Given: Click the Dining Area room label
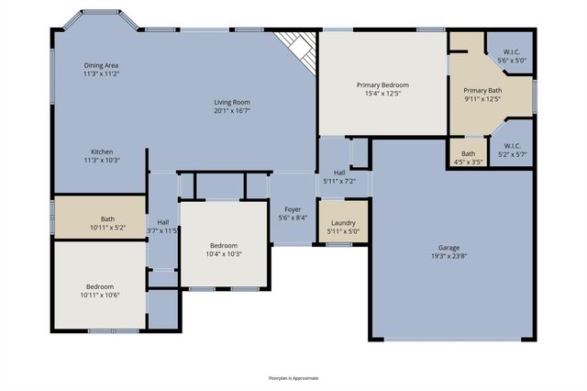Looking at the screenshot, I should (x=102, y=65).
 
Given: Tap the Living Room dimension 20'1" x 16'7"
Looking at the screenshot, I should (x=232, y=110).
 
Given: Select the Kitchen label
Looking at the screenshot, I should (x=101, y=151).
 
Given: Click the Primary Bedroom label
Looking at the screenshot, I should (x=382, y=84).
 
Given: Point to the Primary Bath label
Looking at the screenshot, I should (x=482, y=90).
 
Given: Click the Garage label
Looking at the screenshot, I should (x=449, y=247).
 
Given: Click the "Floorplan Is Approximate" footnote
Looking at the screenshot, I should (x=293, y=377).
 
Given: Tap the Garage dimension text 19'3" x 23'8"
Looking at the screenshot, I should (x=449, y=257).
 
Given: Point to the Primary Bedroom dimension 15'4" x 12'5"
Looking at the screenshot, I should (x=382, y=93).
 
